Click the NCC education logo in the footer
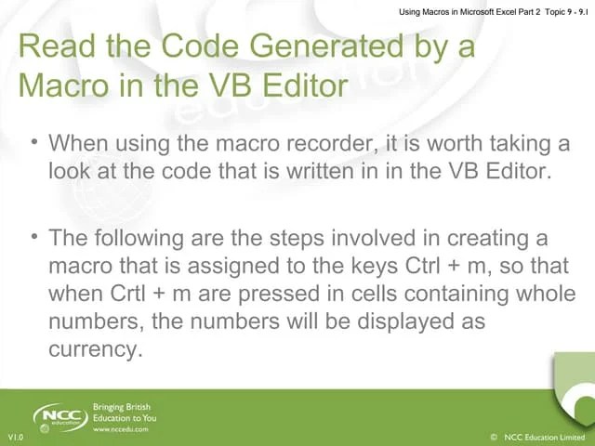[x=59, y=417]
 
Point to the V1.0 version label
[x=16, y=437]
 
